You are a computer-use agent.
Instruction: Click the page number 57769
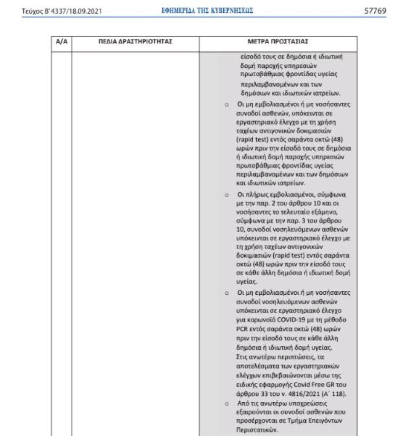coord(375,10)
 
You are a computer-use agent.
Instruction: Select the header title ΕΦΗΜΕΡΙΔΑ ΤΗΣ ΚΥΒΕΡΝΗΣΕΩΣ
coord(207,10)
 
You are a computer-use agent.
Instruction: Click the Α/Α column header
coord(61,42)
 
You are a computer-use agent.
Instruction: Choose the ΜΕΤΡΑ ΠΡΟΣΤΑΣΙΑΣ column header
coord(281,42)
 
